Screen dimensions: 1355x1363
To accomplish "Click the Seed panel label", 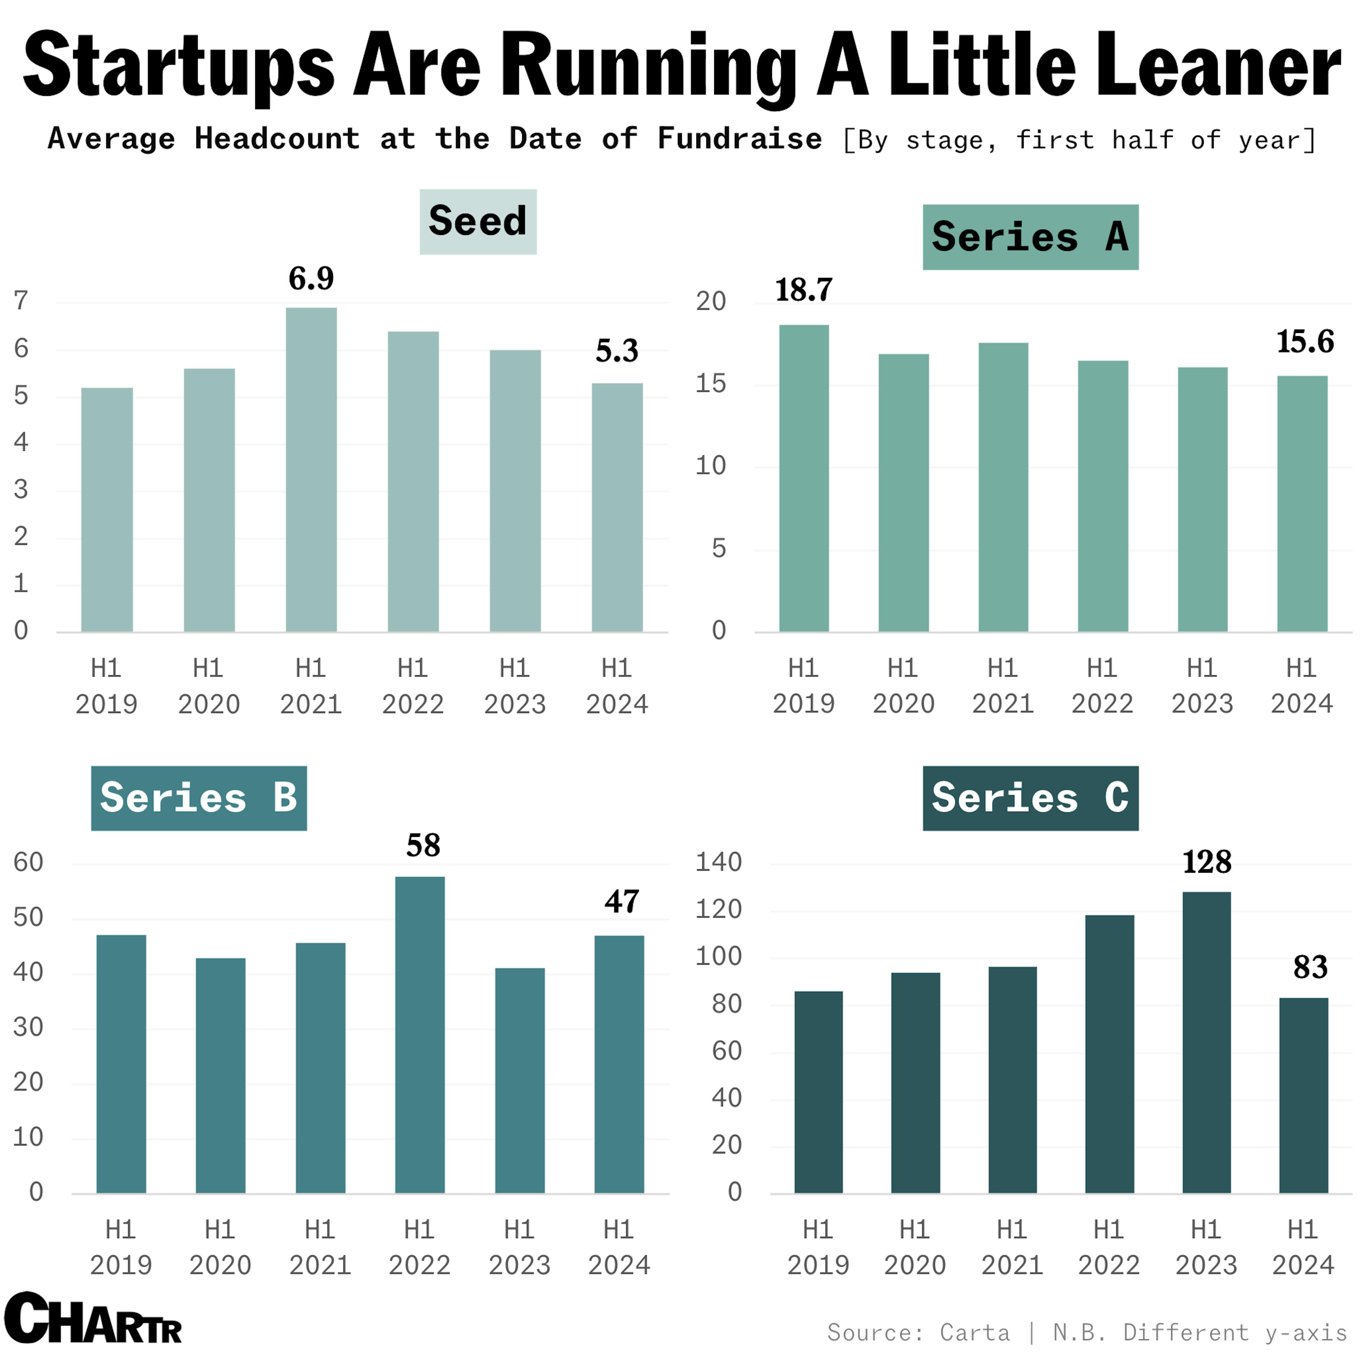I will coord(478,221).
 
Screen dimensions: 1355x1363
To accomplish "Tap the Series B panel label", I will coord(199,798).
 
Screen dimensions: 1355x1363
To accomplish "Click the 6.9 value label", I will coord(311,279).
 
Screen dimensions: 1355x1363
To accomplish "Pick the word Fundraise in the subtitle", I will coord(739,139).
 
